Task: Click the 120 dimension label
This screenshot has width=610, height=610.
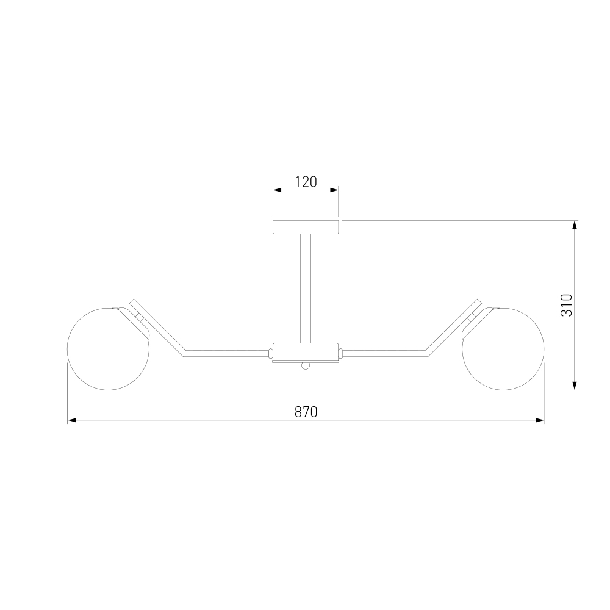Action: (306, 182)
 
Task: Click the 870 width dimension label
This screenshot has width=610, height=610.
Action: (306, 412)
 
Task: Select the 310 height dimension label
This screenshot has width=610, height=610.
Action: (567, 305)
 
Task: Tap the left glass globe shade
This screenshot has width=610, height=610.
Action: (108, 349)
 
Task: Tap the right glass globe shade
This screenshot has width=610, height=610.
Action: (503, 349)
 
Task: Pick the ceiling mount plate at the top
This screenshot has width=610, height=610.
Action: (306, 227)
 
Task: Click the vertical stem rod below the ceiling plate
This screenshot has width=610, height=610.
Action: (306, 289)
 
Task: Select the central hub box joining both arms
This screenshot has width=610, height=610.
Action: (306, 352)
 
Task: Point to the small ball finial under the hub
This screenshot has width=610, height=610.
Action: (306, 365)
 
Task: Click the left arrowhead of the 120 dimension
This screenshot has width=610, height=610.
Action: (277, 190)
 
